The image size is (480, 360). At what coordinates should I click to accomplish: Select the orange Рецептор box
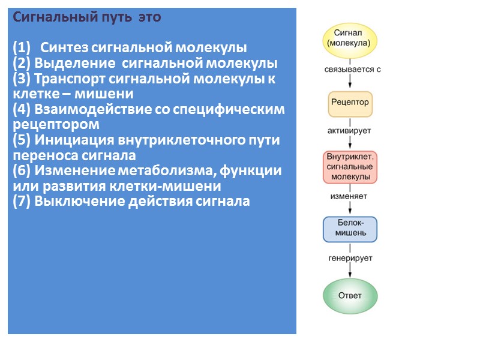tap(350, 103)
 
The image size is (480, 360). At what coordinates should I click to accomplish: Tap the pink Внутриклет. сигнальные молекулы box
tap(350, 167)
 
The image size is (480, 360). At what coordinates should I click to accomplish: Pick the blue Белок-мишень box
tap(350, 228)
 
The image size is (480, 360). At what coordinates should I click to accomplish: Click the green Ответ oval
tap(350, 296)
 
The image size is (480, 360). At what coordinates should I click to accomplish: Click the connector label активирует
tap(350, 130)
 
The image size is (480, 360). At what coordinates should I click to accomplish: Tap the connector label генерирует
tap(350, 258)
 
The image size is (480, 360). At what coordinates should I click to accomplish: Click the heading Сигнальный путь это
tap(87, 17)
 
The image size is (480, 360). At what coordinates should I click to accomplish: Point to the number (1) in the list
tap(21, 48)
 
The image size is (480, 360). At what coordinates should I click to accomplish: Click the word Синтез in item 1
tap(60, 48)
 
